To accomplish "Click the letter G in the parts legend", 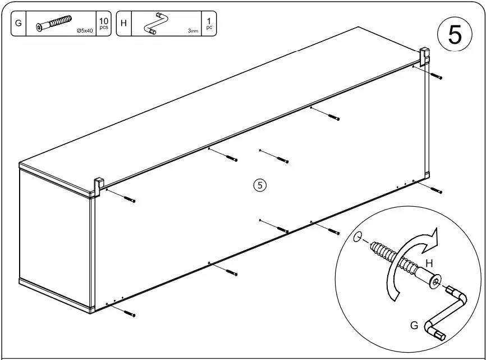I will tap(19, 24).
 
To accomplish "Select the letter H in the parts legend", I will tap(123, 24).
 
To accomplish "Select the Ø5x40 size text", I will tap(85, 32).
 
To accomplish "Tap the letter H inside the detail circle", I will tap(429, 262).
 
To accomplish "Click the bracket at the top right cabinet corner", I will tap(425, 55).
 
